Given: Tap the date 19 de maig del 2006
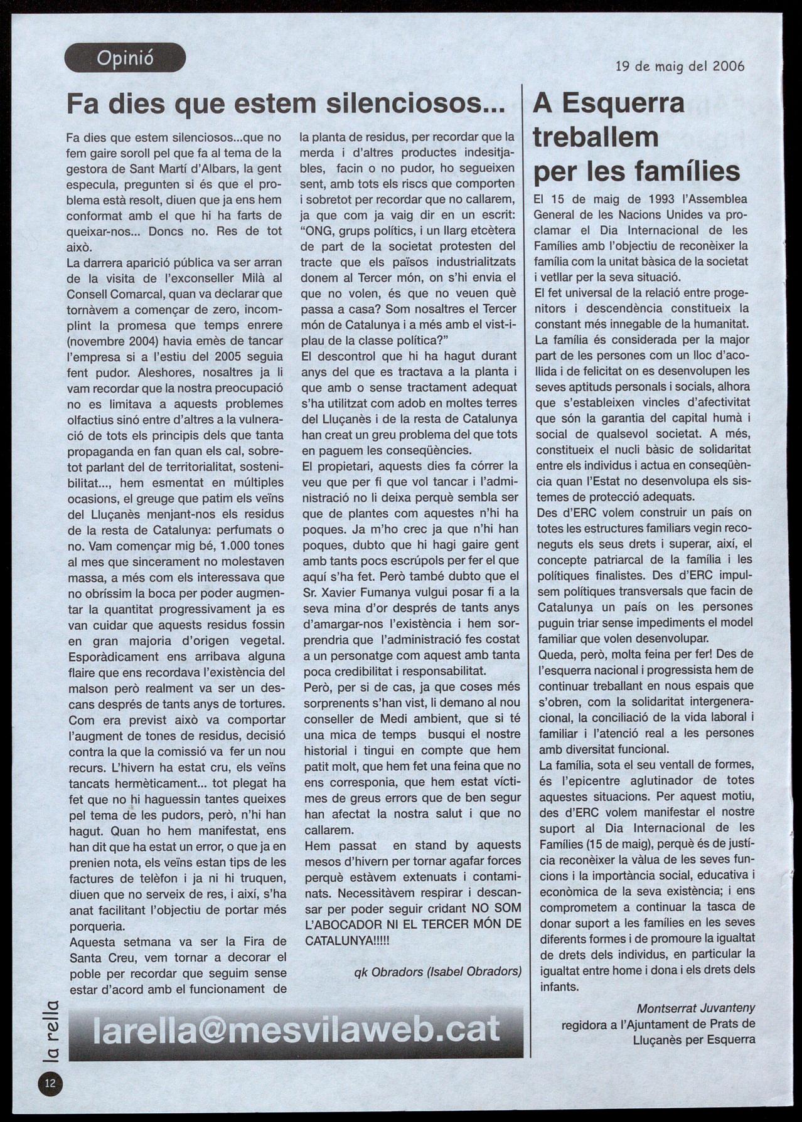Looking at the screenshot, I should click(680, 66).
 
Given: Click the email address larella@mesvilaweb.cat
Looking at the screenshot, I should click(296, 1030).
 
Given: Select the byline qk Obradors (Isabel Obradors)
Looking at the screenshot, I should click(438, 971).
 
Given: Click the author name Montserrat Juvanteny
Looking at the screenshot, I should click(696, 1008).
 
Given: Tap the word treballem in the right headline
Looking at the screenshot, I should click(596, 137).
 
